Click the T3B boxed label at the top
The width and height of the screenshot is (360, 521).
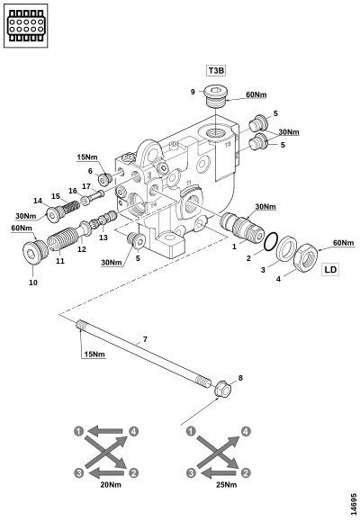(216, 71)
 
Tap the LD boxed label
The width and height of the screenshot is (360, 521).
(330, 269)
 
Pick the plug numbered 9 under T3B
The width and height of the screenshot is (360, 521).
(215, 95)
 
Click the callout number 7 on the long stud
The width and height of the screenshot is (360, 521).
(145, 339)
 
